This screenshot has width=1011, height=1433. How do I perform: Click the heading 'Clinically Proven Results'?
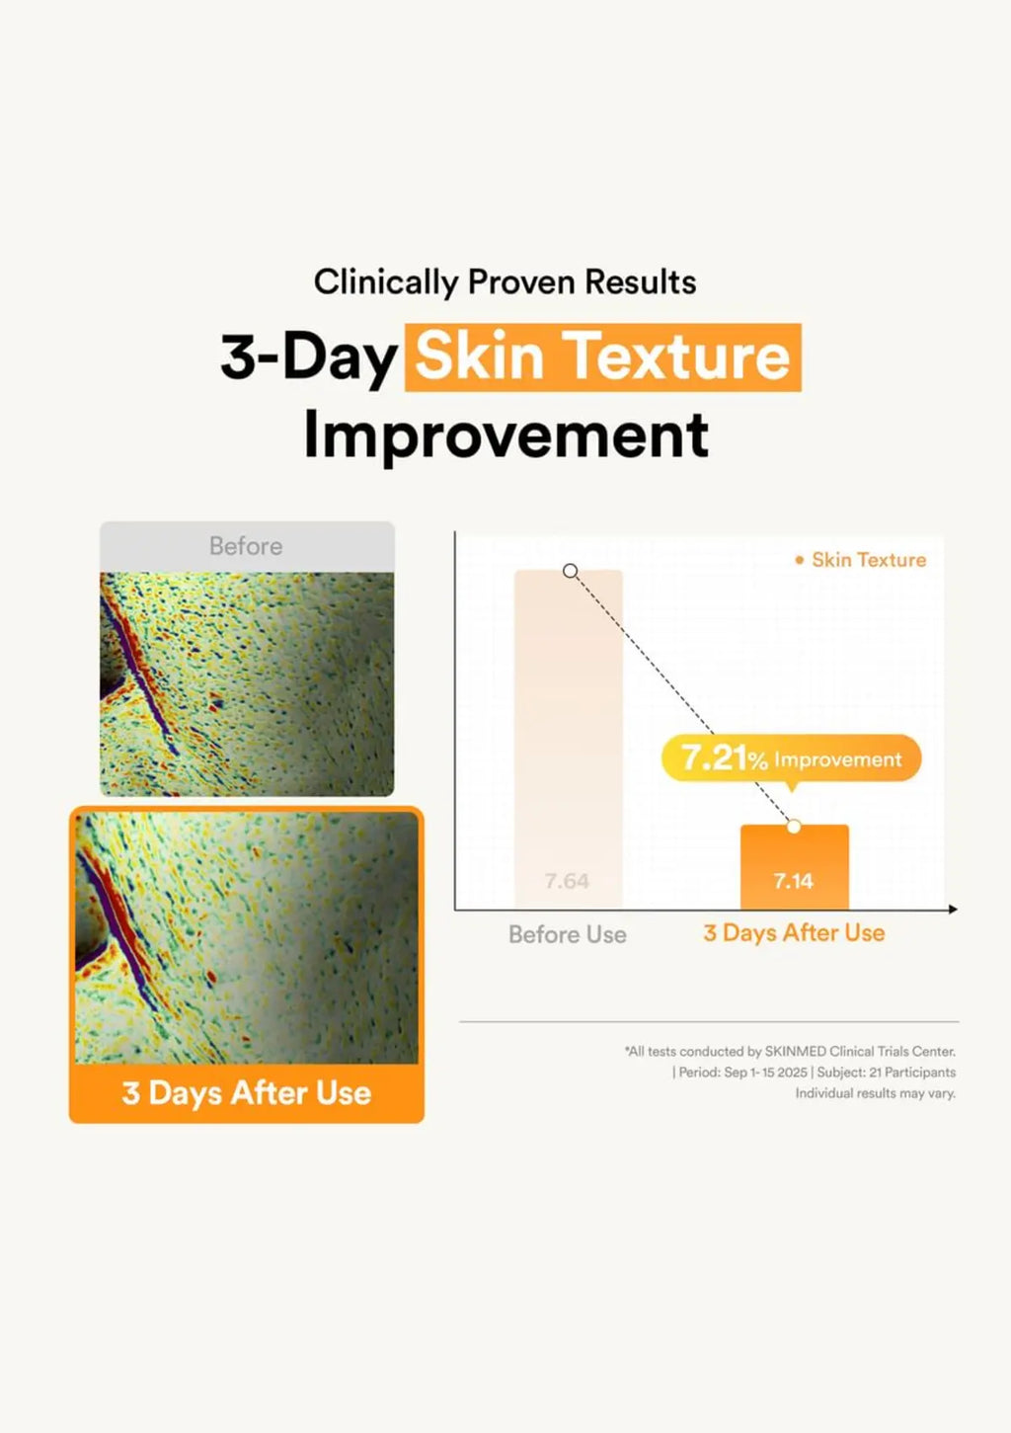point(505,282)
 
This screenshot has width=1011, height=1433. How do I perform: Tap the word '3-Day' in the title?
point(308,357)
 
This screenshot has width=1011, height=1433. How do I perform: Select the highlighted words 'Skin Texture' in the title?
point(602,357)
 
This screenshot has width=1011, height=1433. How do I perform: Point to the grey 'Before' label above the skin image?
point(246,546)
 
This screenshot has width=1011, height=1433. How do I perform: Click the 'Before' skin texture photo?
point(247,683)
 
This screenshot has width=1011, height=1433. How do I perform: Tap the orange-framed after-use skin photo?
point(247,938)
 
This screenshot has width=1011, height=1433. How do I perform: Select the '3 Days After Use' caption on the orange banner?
point(247,1092)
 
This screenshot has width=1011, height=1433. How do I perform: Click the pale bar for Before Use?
point(569,739)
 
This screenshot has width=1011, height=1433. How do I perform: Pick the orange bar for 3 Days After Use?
point(795,867)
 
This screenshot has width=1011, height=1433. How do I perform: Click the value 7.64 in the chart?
point(568,881)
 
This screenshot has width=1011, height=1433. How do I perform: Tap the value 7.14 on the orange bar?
point(794,881)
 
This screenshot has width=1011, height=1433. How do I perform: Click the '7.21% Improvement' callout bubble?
point(791,758)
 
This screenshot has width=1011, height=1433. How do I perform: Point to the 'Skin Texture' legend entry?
point(861,560)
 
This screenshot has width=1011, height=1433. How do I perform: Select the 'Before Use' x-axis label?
point(568,934)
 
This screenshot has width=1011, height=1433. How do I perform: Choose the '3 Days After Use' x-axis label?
point(794,933)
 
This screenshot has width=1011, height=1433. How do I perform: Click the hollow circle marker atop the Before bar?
point(571,571)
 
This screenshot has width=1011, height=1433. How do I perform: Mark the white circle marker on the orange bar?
point(794,827)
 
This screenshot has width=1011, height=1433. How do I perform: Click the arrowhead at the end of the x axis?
point(954,909)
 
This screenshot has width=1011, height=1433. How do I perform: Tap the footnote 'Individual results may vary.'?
point(876,1093)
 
